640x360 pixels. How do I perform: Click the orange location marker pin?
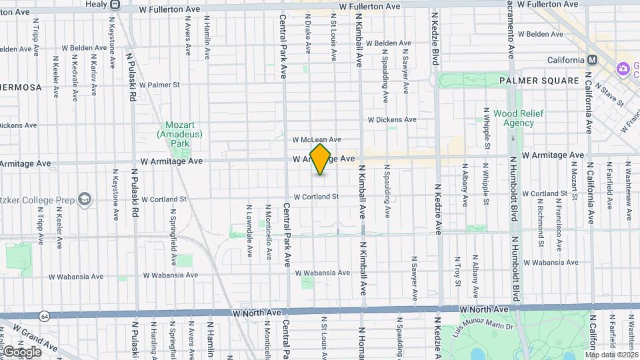pyautogui.click(x=321, y=159)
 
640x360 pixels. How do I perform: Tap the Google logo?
pyautogui.click(x=22, y=351)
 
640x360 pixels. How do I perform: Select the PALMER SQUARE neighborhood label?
pyautogui.click(x=539, y=81)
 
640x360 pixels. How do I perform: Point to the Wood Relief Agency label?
pyautogui.click(x=518, y=118)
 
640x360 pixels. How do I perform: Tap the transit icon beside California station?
pyautogui.click(x=591, y=60)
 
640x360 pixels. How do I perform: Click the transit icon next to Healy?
pyautogui.click(x=115, y=5)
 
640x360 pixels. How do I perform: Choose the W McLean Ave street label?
pyautogui.click(x=317, y=140)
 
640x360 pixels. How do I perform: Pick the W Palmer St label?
pyautogui.click(x=155, y=85)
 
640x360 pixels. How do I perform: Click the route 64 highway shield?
pyautogui.click(x=43, y=315)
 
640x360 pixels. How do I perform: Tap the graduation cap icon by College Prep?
pyautogui.click(x=85, y=199)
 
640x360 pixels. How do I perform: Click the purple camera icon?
pyautogui.click(x=623, y=68)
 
